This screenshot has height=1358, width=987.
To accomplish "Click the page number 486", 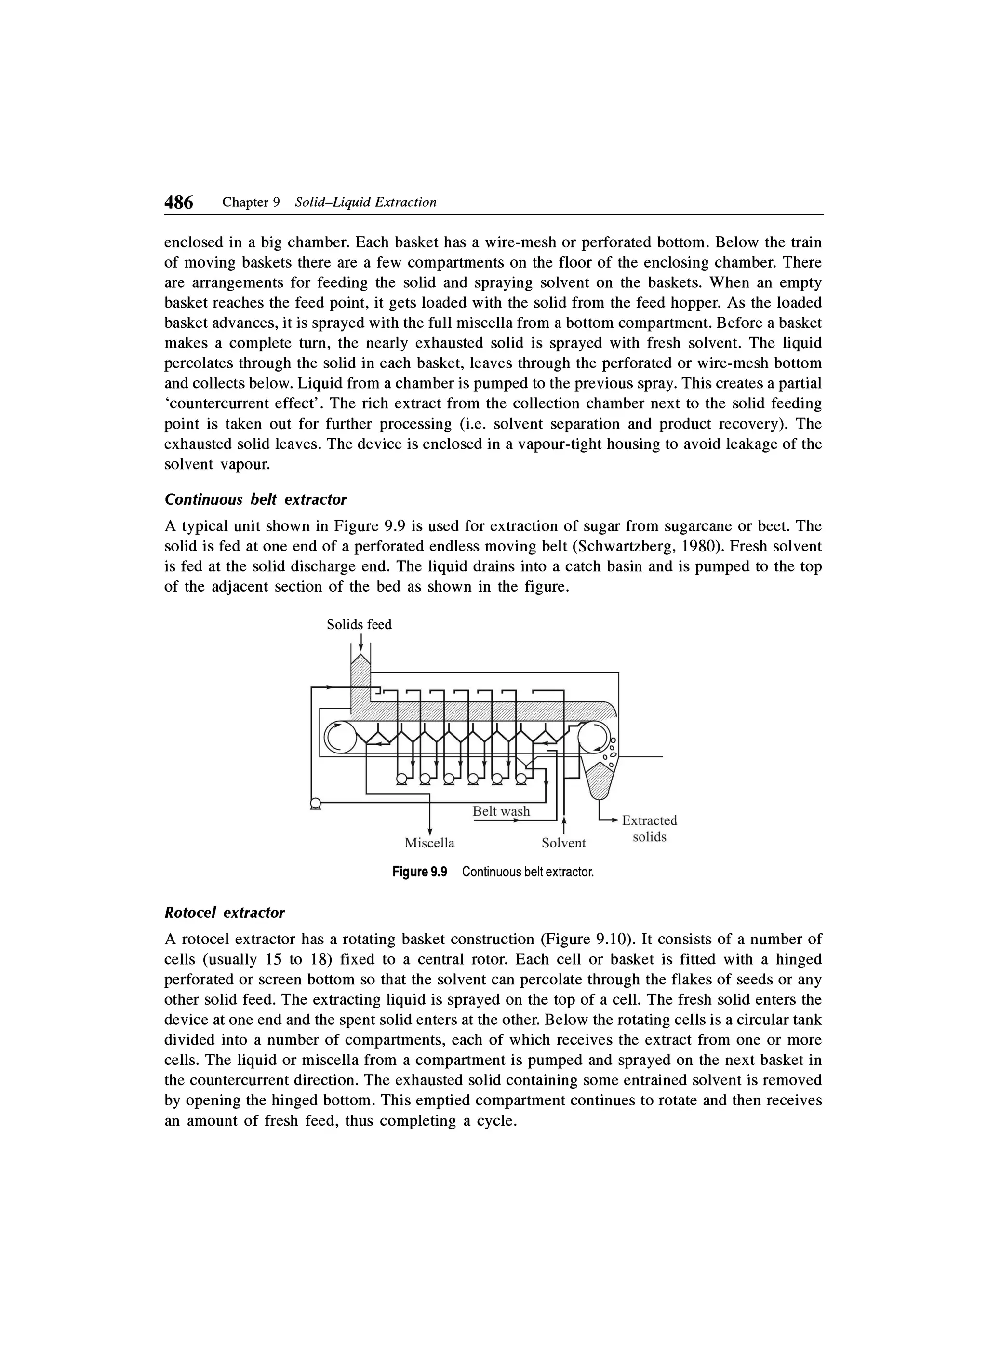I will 179,203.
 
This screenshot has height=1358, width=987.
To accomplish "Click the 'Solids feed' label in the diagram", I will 359,624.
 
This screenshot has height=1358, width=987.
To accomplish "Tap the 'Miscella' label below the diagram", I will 429,843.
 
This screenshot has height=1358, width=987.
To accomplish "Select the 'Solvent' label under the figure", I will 563,843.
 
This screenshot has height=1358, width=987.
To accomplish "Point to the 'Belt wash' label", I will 501,811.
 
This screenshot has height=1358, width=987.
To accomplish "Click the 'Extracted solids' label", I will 650,829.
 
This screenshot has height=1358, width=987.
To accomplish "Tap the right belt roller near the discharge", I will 594,736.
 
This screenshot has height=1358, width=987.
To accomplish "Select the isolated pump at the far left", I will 315,804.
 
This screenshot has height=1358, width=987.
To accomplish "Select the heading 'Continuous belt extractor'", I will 255,499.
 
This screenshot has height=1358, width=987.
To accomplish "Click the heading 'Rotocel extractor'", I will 225,913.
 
